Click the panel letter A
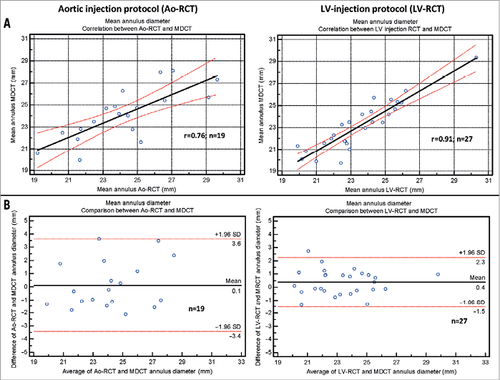[x=8, y=24]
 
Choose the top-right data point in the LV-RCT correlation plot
[x=476, y=57]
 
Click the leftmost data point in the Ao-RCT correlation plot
[x=37, y=152]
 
